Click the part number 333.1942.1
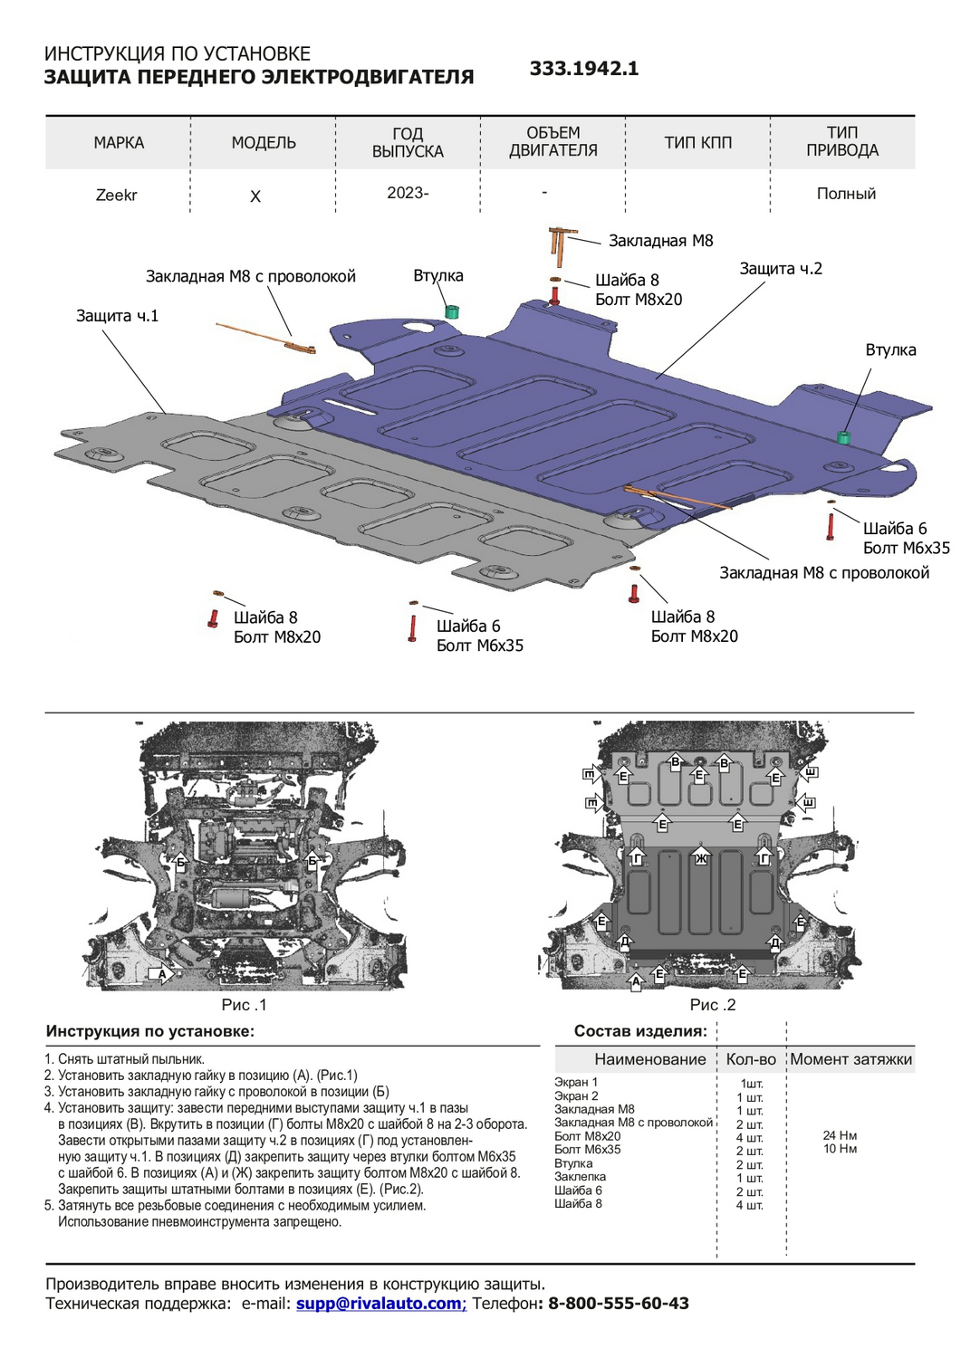tap(584, 69)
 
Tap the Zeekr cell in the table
tap(117, 195)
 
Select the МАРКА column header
tap(119, 142)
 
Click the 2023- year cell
tap(408, 193)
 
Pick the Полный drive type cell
tap(846, 194)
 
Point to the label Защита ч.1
tap(117, 316)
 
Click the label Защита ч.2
tap(781, 269)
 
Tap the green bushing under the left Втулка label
tap(451, 311)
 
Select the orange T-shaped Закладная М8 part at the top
tap(556, 243)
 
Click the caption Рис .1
tap(244, 1005)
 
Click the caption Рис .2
tap(713, 1005)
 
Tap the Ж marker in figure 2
tap(700, 857)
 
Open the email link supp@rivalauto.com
tap(380, 1304)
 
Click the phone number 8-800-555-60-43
tap(619, 1304)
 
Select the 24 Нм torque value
tap(840, 1135)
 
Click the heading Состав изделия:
tap(640, 1031)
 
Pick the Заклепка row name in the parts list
tap(581, 1177)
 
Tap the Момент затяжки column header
tap(850, 1059)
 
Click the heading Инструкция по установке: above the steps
tap(150, 1031)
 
